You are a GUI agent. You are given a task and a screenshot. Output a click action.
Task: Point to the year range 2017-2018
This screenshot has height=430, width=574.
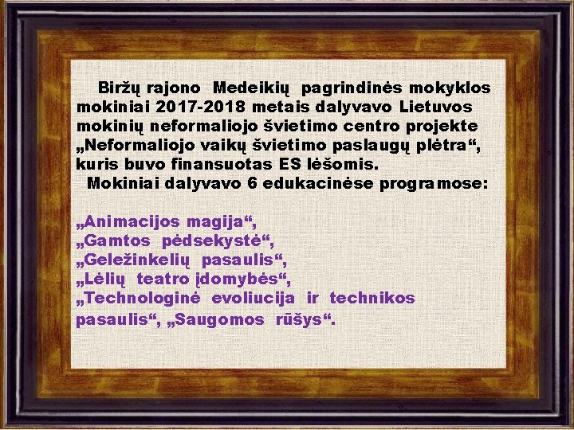point(202,107)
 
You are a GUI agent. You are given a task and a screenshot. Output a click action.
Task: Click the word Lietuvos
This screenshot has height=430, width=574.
point(435,107)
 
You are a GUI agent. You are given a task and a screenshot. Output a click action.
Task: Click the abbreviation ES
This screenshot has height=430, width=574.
point(291,165)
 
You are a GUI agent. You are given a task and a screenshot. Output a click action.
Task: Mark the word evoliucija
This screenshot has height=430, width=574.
point(253,299)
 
